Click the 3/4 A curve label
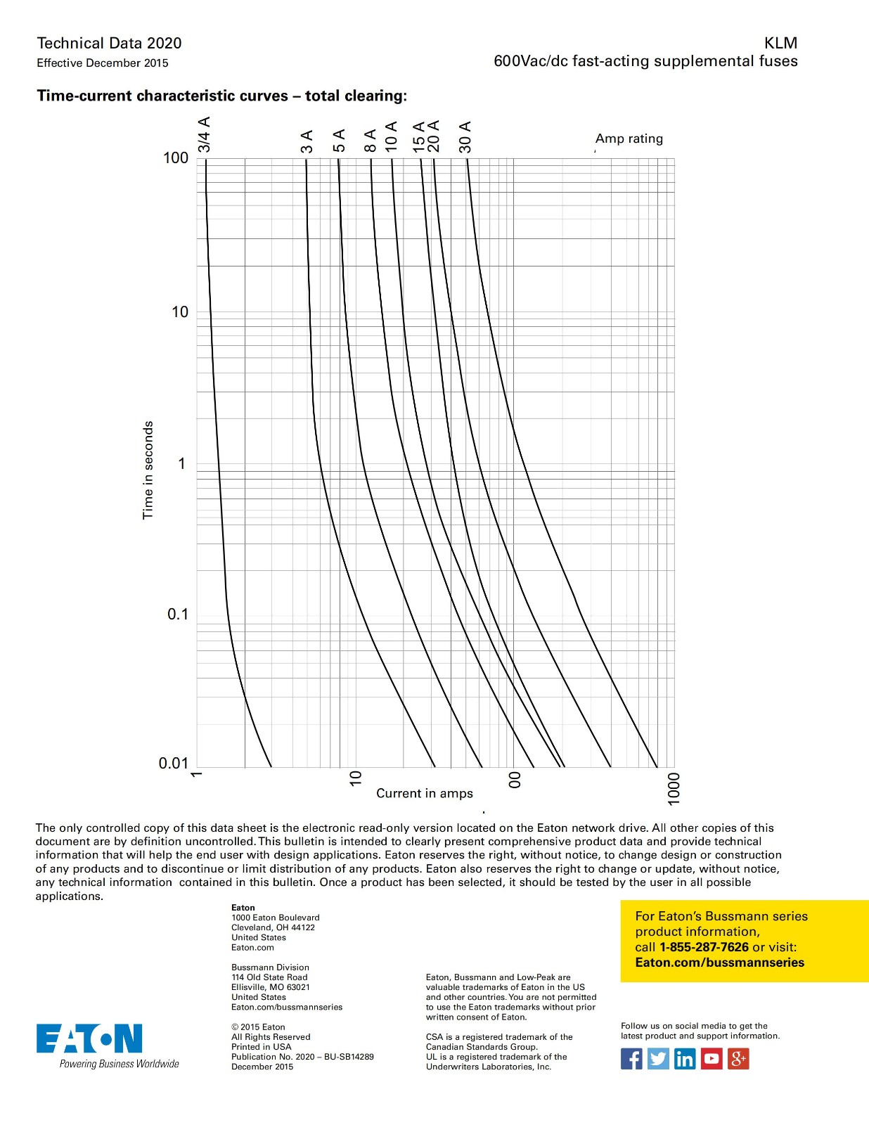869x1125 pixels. [204, 135]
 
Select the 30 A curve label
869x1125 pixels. [465, 137]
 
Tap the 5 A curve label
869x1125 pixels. [339, 141]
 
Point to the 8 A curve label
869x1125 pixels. [371, 141]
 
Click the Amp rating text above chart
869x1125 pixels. [629, 139]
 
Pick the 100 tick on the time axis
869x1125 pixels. [176, 158]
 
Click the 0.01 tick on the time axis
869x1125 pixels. [174, 764]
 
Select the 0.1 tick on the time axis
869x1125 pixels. [178, 615]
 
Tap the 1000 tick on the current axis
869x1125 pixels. [674, 789]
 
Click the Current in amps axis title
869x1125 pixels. [424, 793]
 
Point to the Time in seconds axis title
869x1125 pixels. [148, 470]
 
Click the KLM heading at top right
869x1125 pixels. [780, 43]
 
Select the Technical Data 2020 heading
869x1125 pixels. [109, 43]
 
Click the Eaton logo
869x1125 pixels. [89, 1039]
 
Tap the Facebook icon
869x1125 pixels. [631, 1058]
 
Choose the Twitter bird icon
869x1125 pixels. [658, 1058]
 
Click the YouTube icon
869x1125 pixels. [712, 1058]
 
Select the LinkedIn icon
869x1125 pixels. [685, 1058]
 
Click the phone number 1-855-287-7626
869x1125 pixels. [704, 947]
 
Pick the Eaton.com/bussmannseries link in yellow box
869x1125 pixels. [719, 963]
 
